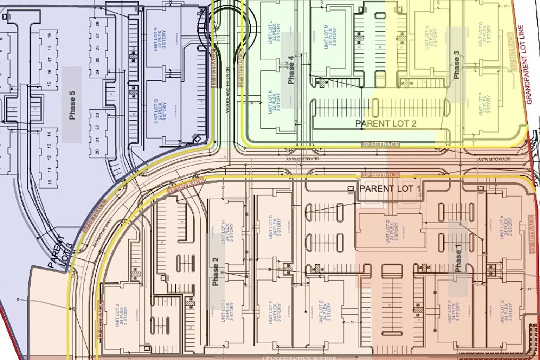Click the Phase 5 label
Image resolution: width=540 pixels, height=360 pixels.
tap(72, 105)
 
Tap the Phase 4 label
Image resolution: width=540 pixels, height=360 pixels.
tap(291, 73)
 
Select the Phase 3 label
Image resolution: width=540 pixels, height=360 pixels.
tap(456, 65)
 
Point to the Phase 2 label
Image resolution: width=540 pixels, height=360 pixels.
tap(215, 271)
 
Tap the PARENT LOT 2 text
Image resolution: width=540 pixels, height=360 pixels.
tap(386, 123)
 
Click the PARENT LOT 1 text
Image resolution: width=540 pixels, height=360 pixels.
tap(390, 189)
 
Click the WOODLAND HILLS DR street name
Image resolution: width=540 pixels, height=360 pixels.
tap(227, 90)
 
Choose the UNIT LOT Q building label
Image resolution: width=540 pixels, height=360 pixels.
tap(160, 110)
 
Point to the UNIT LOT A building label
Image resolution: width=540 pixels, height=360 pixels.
tap(506, 227)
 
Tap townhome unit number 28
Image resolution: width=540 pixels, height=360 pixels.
tap(97, 24)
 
